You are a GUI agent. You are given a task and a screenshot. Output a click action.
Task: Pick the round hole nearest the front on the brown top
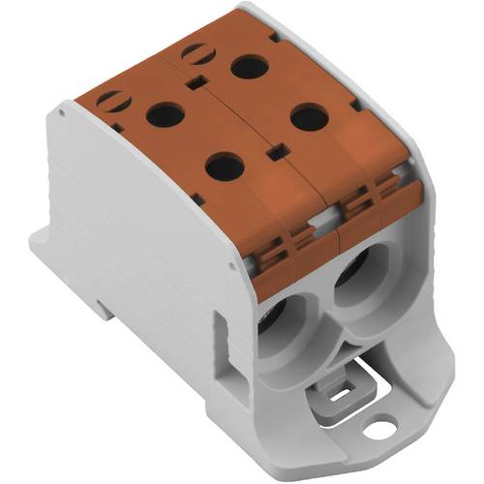pyautogui.click(x=224, y=167)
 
